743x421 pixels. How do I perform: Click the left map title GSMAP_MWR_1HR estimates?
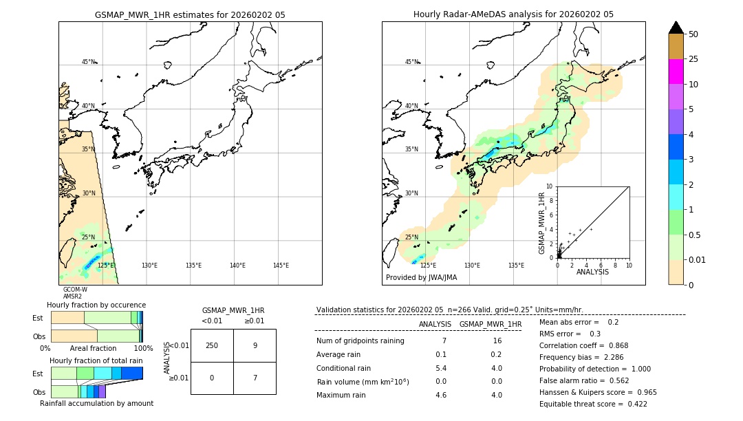(190, 14)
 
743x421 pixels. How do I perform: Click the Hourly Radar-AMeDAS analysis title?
(513, 14)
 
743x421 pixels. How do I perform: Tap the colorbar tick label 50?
(693, 34)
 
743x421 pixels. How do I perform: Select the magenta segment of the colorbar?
(676, 72)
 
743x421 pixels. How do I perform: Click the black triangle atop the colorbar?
(676, 28)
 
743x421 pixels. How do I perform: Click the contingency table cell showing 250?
(212, 345)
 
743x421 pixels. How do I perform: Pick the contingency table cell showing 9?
(255, 345)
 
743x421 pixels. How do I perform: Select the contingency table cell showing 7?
(255, 378)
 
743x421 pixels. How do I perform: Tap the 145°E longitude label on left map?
(281, 266)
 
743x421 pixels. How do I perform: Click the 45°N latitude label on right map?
(411, 62)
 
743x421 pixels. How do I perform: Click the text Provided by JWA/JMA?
(421, 277)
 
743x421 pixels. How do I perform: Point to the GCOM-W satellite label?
(75, 290)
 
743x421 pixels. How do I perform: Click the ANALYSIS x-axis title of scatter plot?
(592, 272)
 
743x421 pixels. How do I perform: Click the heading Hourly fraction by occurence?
(96, 305)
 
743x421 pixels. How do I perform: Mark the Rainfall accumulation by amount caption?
(96, 403)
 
